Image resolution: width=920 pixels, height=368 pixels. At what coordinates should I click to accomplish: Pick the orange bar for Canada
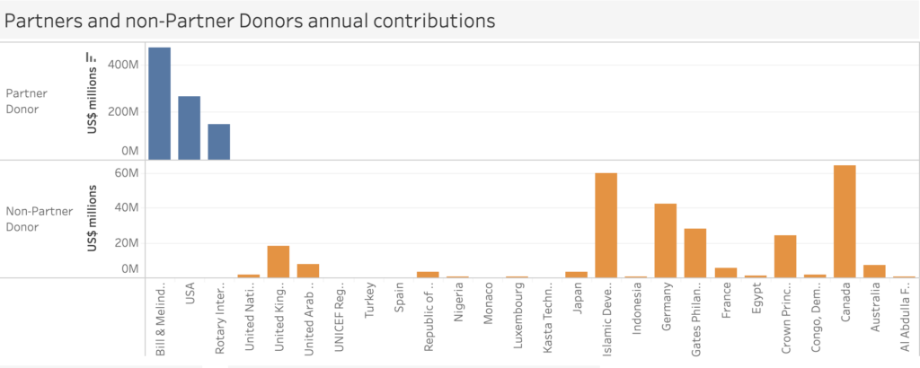(844, 222)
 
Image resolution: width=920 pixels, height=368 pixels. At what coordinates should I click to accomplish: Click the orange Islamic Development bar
(606, 225)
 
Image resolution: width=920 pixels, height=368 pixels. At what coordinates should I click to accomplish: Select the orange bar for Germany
(666, 241)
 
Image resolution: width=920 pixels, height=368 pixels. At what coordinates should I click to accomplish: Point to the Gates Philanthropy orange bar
(695, 253)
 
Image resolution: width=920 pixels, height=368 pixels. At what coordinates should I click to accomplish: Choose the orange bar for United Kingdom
(279, 261)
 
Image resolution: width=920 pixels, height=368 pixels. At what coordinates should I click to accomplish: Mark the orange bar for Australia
(873, 271)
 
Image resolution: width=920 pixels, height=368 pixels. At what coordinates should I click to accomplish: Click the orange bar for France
(725, 273)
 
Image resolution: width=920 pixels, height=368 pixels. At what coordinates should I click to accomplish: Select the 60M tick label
(126, 173)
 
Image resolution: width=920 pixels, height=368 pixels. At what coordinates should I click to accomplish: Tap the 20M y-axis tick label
(126, 242)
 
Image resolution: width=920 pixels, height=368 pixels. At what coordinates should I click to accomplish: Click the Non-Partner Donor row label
(33, 220)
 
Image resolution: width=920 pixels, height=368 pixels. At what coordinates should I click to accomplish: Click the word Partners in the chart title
(39, 19)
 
